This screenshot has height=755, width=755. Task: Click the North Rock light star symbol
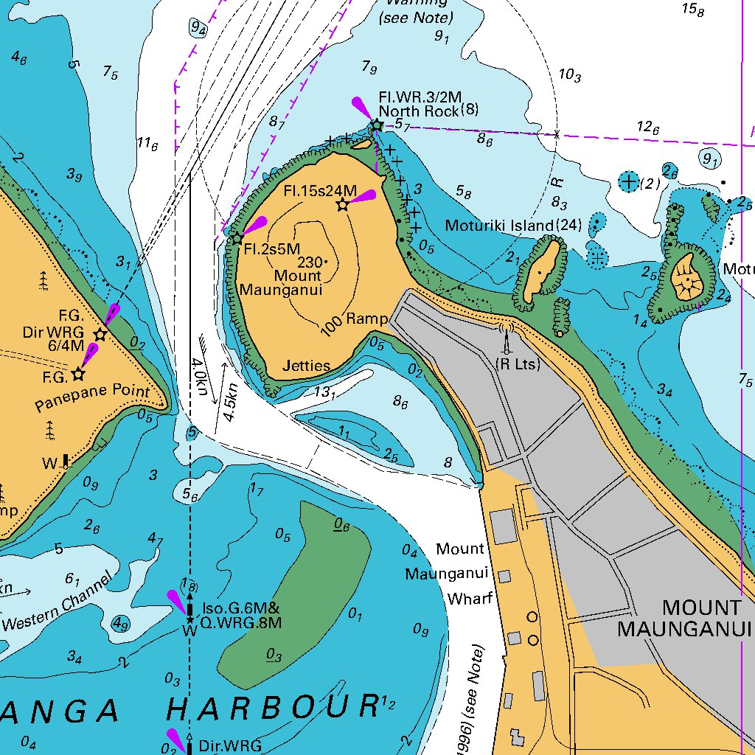click(377, 125)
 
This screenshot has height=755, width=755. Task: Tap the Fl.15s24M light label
click(319, 191)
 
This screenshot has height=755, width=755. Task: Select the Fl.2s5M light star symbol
click(237, 239)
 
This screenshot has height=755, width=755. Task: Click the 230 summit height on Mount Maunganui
click(310, 262)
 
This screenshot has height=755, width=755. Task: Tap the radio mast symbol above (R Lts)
click(507, 338)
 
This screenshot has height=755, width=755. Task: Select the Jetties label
click(306, 366)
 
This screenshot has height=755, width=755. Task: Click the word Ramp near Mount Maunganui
click(366, 319)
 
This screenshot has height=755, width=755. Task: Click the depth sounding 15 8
click(692, 10)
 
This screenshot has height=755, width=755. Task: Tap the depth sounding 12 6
click(648, 127)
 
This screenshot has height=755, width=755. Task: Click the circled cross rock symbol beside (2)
click(628, 181)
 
